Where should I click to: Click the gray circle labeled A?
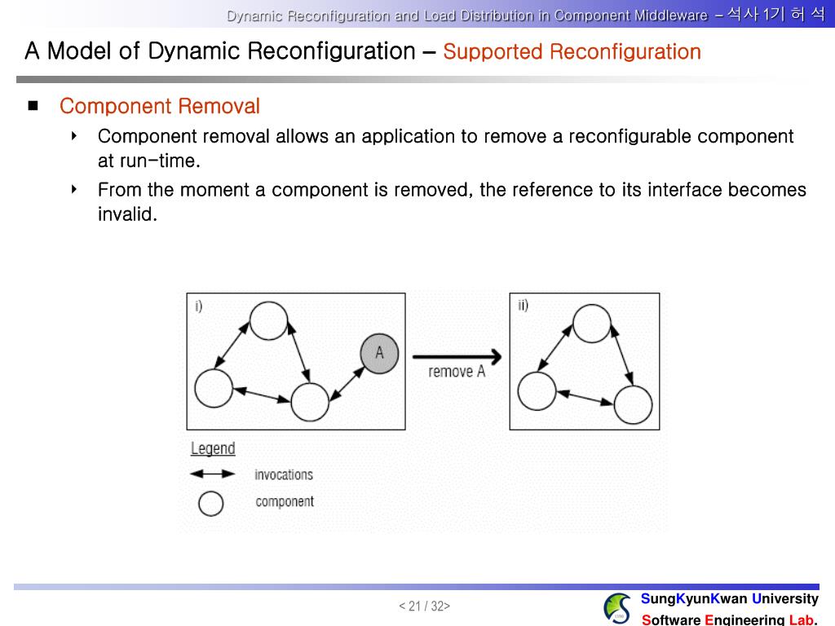point(379,353)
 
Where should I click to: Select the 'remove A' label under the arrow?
point(457,372)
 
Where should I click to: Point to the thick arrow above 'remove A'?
point(457,356)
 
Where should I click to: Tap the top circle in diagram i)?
point(268,320)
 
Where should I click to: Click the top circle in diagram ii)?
point(592,323)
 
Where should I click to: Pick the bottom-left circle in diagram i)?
point(214,388)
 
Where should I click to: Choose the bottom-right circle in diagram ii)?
point(633,404)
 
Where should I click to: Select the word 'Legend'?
point(213,448)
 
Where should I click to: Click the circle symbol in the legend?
point(211,504)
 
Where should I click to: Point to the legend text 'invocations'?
point(283,474)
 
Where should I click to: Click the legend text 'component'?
point(285,502)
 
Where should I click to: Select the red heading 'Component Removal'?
point(160,106)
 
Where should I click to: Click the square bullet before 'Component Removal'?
point(33,105)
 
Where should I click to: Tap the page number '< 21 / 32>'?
point(424,606)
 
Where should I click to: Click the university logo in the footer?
point(617,608)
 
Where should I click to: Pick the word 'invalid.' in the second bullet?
point(127,215)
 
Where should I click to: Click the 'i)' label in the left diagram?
point(198,306)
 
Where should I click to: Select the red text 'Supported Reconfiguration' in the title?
point(572,52)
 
